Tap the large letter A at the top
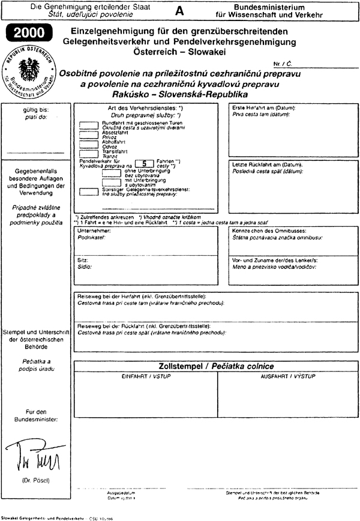pos(179,11)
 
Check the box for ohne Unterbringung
pos(112,172)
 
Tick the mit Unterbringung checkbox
pos(112,182)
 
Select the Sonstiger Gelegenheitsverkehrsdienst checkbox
pos(89,191)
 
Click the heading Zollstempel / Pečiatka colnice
pos(215,366)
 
